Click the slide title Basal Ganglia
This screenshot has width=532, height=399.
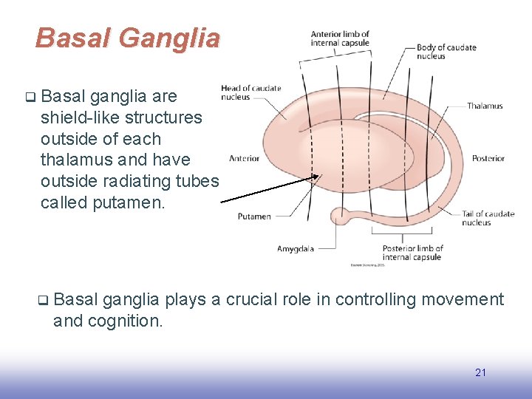[127, 38]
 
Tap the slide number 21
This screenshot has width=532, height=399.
[480, 372]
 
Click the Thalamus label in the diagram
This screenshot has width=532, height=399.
[485, 106]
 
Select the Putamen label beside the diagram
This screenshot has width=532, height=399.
[254, 216]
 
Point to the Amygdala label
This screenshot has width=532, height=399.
[295, 249]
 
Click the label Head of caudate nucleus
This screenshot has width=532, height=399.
[250, 92]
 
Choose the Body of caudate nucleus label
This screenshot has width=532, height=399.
[446, 52]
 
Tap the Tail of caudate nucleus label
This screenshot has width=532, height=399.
[488, 218]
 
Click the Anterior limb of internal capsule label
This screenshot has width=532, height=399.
[340, 38]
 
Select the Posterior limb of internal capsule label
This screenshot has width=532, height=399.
[412, 253]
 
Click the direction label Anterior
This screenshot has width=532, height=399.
[244, 158]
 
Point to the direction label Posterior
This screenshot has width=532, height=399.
[488, 158]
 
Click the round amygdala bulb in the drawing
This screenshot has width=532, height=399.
[341, 216]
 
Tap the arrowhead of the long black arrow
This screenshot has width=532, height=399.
[318, 177]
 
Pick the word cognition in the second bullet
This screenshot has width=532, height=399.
[126, 321]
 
